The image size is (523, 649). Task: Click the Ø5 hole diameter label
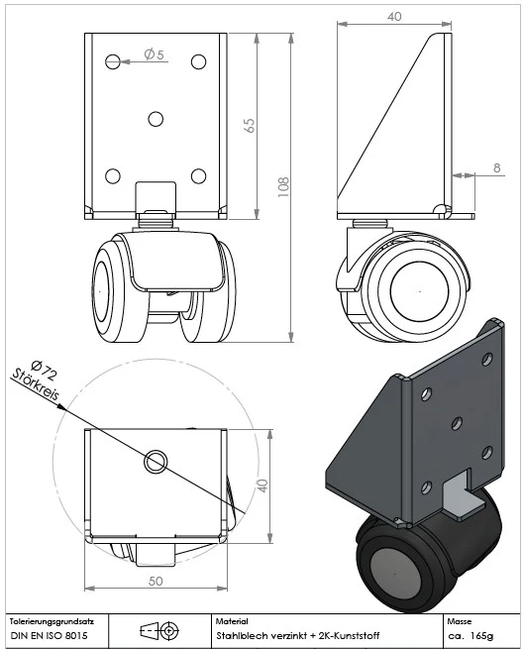tap(154, 54)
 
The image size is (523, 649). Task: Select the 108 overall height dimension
tap(283, 187)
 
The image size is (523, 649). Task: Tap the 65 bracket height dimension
tap(250, 126)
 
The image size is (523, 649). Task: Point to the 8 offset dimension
tap(497, 167)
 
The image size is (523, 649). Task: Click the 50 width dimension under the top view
tap(156, 581)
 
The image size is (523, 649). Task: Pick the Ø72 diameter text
tap(44, 370)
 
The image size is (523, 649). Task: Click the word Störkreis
tap(36, 384)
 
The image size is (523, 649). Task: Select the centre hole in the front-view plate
tap(156, 119)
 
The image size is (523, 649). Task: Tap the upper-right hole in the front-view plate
tap(199, 61)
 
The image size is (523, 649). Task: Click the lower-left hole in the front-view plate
tap(113, 176)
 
